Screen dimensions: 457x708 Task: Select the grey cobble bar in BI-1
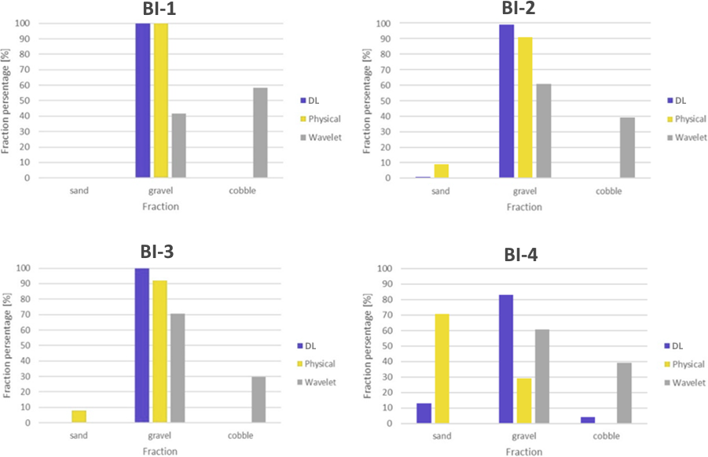pyautogui.click(x=259, y=133)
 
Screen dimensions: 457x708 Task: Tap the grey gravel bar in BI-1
pyautogui.click(x=178, y=146)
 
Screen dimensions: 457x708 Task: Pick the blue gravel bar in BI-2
pyautogui.click(x=506, y=101)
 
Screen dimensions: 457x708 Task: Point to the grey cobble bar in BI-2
pyautogui.click(x=626, y=148)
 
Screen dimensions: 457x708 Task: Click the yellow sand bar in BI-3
pyautogui.click(x=79, y=417)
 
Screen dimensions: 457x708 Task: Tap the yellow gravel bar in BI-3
pyautogui.click(x=160, y=352)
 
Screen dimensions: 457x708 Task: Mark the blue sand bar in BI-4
pyautogui.click(x=424, y=413)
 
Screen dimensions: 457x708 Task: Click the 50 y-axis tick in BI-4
pyautogui.click(x=385, y=345)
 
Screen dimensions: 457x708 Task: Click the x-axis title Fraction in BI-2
pyautogui.click(x=524, y=207)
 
